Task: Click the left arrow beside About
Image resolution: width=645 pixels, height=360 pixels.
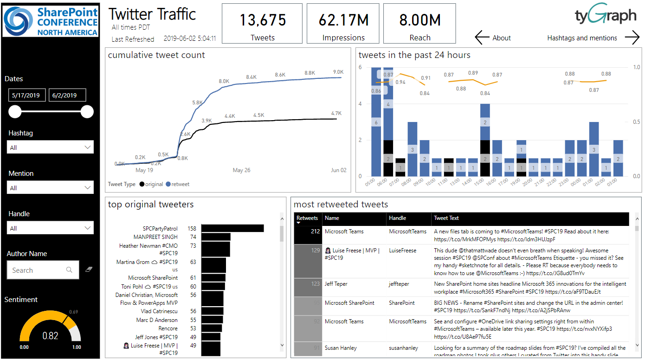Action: [x=482, y=38]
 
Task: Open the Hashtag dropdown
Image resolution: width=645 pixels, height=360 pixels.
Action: [x=50, y=148]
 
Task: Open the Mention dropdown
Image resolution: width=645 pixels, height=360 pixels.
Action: [x=50, y=188]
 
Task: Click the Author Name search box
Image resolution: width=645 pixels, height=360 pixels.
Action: [x=43, y=270]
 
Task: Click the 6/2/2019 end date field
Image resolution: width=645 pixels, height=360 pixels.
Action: [x=67, y=95]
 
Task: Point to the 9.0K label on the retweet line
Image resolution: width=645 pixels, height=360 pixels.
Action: [x=338, y=72]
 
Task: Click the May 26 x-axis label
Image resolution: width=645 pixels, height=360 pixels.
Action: [x=241, y=170]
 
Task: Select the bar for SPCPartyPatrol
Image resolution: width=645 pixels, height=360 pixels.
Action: [x=232, y=228]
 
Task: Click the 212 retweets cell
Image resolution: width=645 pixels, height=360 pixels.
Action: [x=308, y=231]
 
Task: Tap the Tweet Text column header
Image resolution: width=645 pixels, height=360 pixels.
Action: [x=446, y=218]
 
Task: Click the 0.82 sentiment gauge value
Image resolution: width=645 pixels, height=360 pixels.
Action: [x=50, y=336]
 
